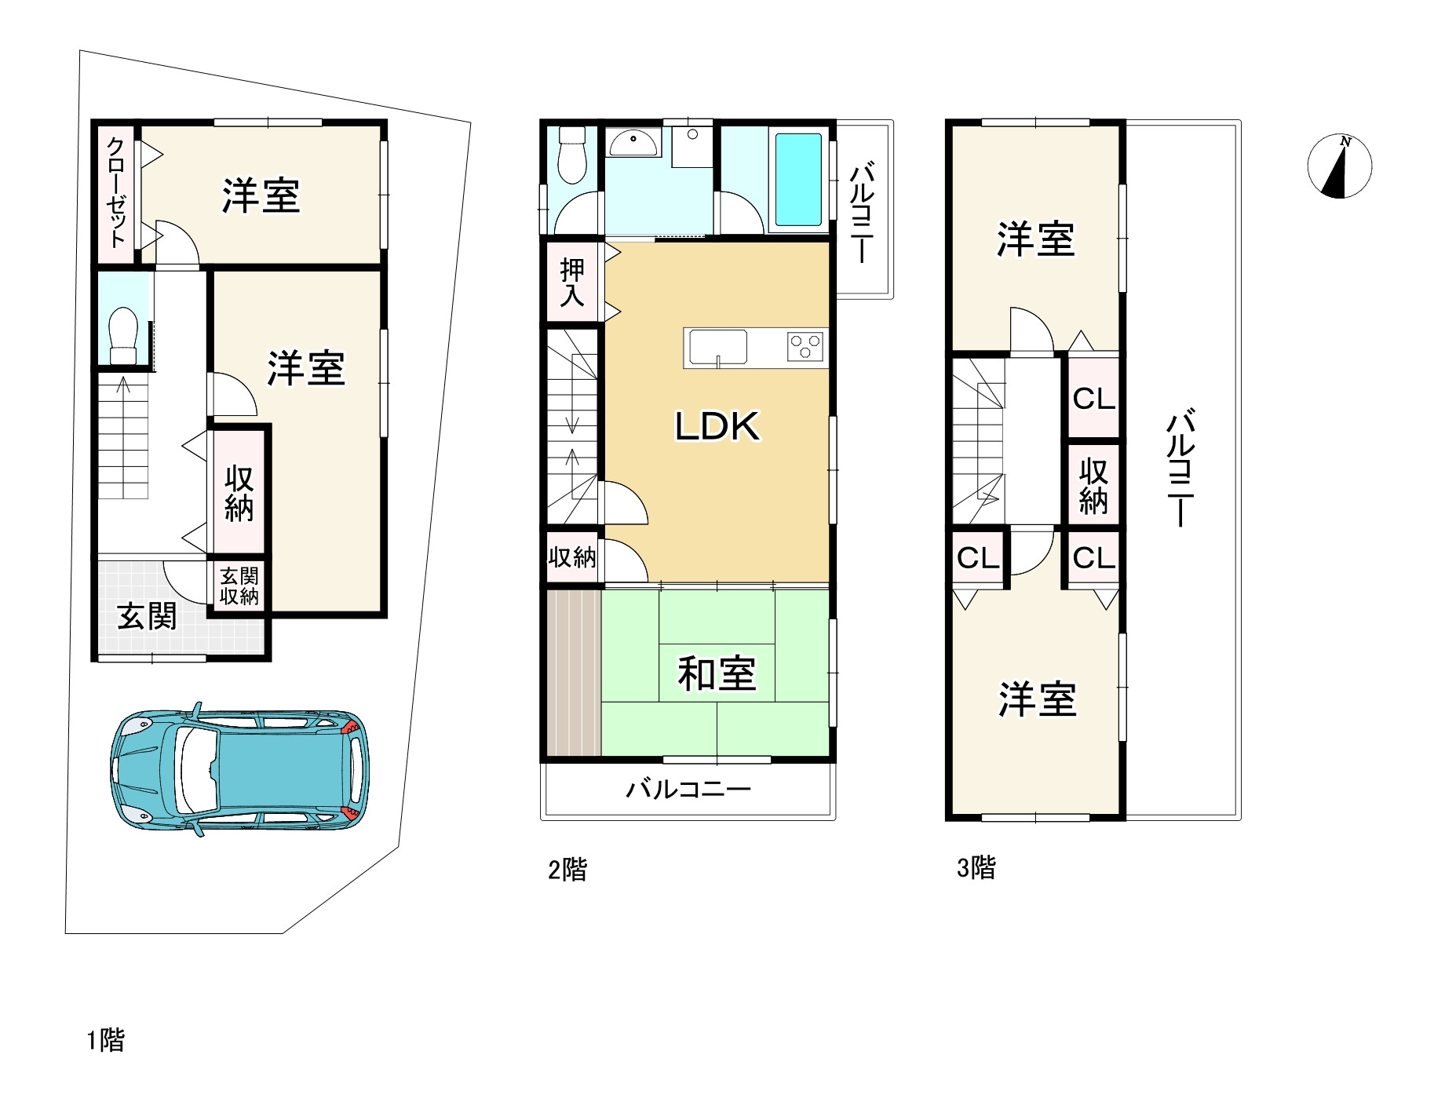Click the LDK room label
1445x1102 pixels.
(x=717, y=426)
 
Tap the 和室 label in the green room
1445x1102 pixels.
(x=717, y=673)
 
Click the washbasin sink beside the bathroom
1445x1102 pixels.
(x=633, y=144)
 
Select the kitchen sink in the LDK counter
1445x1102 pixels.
(x=717, y=348)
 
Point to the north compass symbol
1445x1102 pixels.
(x=1339, y=166)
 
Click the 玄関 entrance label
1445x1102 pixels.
(x=147, y=616)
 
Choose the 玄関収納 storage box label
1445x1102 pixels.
(x=239, y=586)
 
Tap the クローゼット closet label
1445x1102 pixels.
(x=116, y=192)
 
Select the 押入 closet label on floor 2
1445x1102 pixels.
(x=572, y=283)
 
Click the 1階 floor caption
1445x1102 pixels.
(x=105, y=1041)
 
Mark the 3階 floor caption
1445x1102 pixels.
(x=976, y=867)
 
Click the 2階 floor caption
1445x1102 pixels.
(x=567, y=870)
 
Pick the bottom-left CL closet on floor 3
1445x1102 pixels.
(x=978, y=558)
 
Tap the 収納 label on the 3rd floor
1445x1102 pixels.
(x=1093, y=485)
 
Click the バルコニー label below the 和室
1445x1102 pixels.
(x=688, y=788)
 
